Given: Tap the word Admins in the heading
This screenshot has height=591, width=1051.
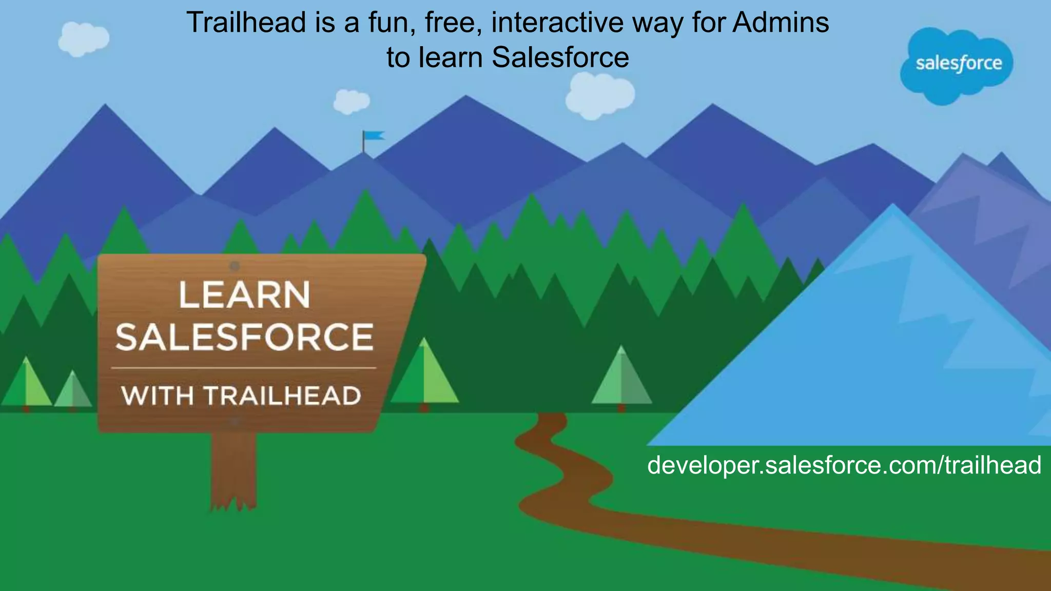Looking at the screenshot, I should [780, 23].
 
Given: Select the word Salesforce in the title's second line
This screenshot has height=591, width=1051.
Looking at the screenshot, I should [560, 57].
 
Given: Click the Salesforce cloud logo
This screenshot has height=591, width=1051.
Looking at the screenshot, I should [958, 64].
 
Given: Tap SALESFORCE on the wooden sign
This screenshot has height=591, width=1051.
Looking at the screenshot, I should [244, 337].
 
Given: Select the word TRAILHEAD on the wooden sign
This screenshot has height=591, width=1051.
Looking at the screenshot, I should [282, 396].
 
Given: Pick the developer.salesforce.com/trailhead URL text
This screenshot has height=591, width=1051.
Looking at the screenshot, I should [844, 465].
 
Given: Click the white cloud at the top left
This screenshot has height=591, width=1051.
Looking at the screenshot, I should [83, 39].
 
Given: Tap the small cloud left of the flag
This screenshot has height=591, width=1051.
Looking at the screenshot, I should [351, 101].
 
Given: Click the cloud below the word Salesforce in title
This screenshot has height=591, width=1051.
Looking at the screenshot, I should [599, 95].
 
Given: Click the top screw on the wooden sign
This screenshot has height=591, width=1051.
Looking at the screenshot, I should [235, 266].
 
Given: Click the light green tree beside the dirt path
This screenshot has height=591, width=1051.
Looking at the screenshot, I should [621, 379].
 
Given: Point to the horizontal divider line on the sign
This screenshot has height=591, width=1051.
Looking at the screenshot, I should [244, 368].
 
